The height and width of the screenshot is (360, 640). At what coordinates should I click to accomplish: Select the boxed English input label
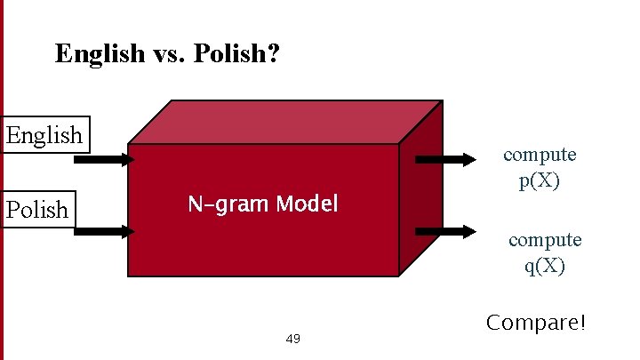pyautogui.click(x=44, y=135)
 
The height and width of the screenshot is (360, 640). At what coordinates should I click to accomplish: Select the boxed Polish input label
pyautogui.click(x=37, y=210)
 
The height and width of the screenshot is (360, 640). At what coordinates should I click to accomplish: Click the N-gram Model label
pyautogui.click(x=262, y=204)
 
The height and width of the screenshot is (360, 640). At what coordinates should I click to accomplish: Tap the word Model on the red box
pyautogui.click(x=307, y=204)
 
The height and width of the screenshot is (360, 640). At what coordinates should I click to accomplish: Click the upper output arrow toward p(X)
pyautogui.click(x=446, y=160)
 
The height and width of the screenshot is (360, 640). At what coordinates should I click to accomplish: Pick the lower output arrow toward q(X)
pyautogui.click(x=446, y=231)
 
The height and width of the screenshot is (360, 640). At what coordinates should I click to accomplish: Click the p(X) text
pyautogui.click(x=540, y=181)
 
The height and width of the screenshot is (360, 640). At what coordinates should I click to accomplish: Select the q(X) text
pyautogui.click(x=545, y=265)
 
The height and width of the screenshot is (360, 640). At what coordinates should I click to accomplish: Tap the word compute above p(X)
pyautogui.click(x=540, y=155)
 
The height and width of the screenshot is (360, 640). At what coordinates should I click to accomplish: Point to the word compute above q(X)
pyautogui.click(x=545, y=239)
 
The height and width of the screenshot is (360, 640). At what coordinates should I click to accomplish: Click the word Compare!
pyautogui.click(x=536, y=323)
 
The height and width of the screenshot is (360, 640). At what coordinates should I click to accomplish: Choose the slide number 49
pyautogui.click(x=293, y=339)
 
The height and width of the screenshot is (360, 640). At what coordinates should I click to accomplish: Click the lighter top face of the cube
pyautogui.click(x=284, y=121)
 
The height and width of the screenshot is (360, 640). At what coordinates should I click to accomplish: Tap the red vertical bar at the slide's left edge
pyautogui.click(x=2, y=178)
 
